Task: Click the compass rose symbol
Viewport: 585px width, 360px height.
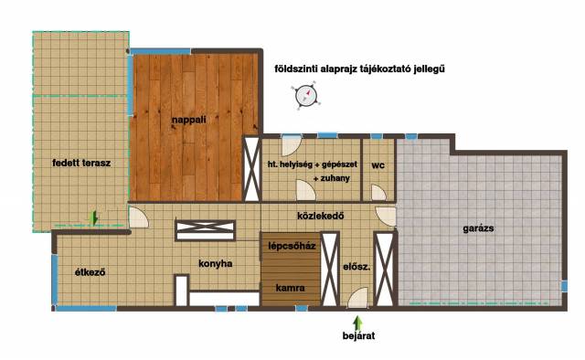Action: pos(305,96)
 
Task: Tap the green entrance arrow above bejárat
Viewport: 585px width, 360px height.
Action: pos(357,322)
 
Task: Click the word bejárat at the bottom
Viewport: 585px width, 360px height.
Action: pos(358,335)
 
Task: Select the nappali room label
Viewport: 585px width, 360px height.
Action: pos(189,120)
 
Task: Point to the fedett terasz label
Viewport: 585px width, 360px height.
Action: pos(81,163)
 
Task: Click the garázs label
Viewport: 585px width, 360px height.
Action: pos(478,228)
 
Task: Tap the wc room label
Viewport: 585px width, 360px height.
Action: pos(378,165)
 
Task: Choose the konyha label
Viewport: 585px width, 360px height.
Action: pos(216,264)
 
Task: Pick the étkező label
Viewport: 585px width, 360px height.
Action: pos(90,272)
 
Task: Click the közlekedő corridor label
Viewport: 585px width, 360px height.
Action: pos(321,216)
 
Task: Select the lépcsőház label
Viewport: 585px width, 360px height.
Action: pos(292,246)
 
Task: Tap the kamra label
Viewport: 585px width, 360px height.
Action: pos(291,288)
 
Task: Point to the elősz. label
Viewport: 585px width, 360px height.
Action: pos(356,267)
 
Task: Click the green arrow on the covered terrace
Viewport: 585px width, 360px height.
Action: pos(94,217)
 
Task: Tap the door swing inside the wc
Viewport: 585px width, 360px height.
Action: pos(378,193)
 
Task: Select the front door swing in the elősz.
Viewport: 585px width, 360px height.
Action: pos(357,298)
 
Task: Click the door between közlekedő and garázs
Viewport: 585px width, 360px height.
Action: pos(386,217)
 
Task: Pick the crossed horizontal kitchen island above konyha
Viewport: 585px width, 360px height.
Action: pos(205,230)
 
